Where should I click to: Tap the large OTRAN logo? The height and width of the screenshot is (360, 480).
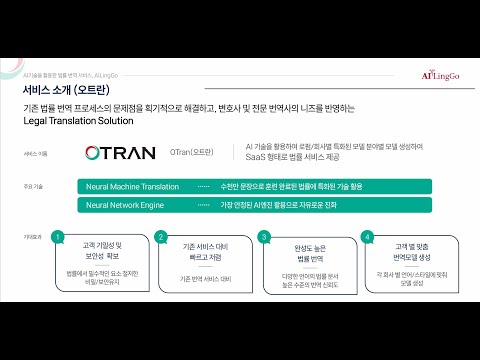click(x=121, y=154)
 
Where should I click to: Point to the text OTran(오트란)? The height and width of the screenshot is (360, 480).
click(x=191, y=154)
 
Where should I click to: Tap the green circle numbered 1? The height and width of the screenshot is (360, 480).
click(x=59, y=237)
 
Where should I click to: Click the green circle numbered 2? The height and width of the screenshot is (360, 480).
click(x=161, y=237)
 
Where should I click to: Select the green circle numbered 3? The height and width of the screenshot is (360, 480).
click(x=264, y=237)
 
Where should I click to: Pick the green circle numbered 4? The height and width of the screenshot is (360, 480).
click(x=367, y=237)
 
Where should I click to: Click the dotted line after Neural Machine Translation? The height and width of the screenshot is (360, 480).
click(x=203, y=186)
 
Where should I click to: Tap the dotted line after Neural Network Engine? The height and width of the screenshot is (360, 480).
click(x=203, y=204)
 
